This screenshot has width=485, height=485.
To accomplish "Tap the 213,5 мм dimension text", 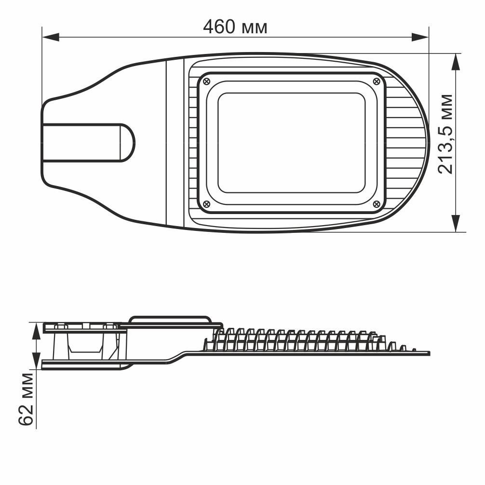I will (x=445, y=134).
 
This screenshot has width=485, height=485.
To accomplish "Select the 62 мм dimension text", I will (x=27, y=399).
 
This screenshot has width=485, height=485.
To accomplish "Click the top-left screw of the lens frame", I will (x=207, y=81).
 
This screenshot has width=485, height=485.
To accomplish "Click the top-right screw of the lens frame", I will (x=377, y=81).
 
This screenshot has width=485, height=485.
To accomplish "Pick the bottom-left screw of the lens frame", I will (x=207, y=204).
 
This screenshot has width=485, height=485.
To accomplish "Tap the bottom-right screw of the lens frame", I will (x=377, y=204).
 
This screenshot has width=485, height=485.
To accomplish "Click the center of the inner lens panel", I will (x=291, y=143).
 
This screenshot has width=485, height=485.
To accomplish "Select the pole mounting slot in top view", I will (x=87, y=143).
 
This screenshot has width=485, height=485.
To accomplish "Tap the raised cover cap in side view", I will (x=170, y=320).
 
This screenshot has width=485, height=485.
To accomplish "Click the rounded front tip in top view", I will (x=426, y=143).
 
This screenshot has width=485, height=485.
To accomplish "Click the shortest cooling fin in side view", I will (x=413, y=349).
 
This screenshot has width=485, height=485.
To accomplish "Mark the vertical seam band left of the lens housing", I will (x=175, y=143).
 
